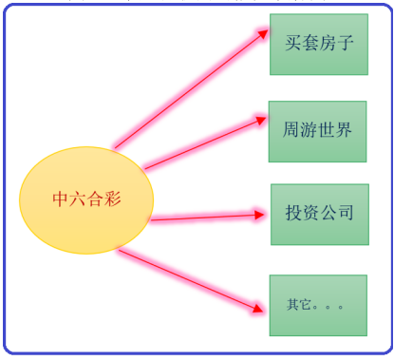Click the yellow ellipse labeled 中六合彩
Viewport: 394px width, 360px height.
tap(86, 200)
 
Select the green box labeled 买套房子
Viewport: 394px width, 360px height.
tap(319, 45)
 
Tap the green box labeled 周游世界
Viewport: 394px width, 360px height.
tap(317, 132)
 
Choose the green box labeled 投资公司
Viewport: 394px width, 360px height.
tap(320, 215)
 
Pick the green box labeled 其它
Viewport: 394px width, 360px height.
tap(318, 305)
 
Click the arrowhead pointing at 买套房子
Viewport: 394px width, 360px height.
tap(263, 33)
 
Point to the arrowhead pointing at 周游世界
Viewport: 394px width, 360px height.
tap(261, 121)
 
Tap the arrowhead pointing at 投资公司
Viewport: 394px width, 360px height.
tap(259, 216)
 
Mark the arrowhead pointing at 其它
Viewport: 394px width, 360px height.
tap(258, 308)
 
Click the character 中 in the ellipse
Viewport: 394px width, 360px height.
tap(60, 199)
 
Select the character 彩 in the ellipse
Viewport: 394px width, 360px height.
tap(112, 199)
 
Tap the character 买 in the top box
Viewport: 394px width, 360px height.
tap(293, 43)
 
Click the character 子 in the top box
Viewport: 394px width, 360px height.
tap(345, 43)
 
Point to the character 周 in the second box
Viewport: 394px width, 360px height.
tap(291, 130)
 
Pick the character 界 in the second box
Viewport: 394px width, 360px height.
tap(344, 130)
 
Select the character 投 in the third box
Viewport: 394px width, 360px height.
tap(293, 213)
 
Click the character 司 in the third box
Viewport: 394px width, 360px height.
tap(346, 213)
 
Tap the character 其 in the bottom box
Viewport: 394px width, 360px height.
tap(292, 304)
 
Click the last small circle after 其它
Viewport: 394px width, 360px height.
tap(340, 307)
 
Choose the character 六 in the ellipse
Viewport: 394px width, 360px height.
tap(78, 199)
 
